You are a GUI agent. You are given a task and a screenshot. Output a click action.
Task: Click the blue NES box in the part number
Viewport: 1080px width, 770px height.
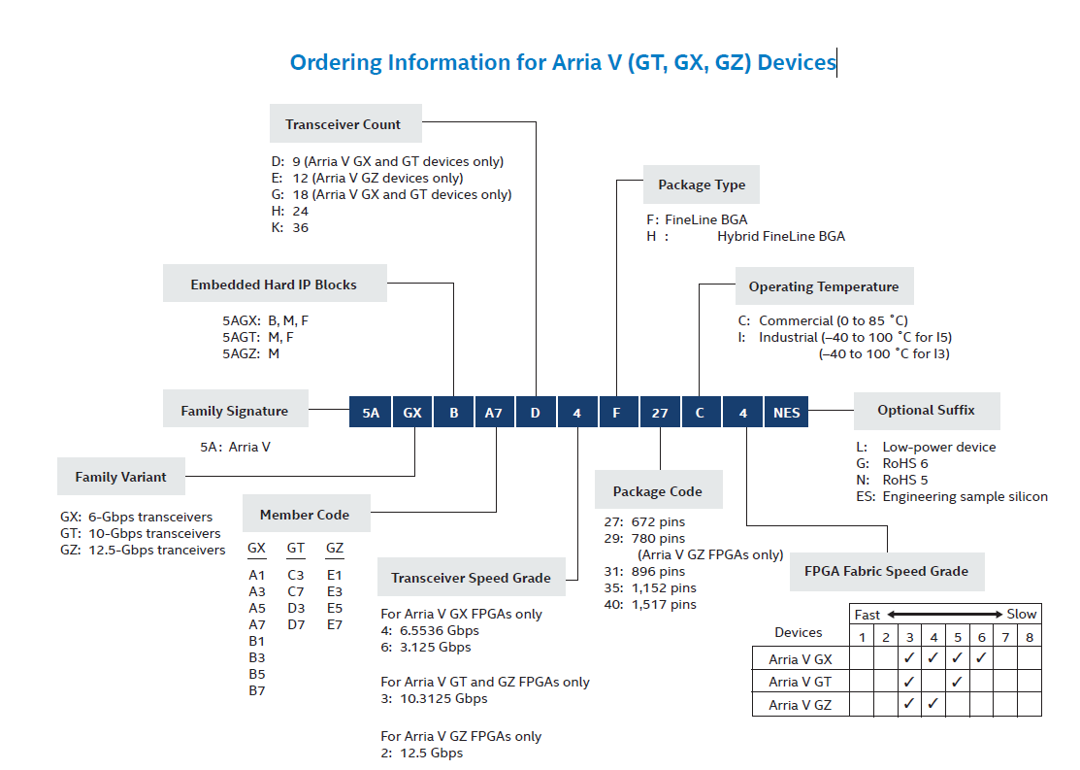pyautogui.click(x=786, y=413)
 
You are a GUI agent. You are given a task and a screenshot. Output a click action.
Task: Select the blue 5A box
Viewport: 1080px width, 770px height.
pyautogui.click(x=371, y=413)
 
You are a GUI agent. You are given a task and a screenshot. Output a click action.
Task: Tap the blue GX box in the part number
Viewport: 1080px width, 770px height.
pyautogui.click(x=412, y=413)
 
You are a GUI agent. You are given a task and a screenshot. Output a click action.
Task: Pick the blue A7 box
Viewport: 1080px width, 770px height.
pyautogui.click(x=494, y=413)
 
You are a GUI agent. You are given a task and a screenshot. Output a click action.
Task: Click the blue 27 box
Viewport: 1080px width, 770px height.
pyautogui.click(x=660, y=413)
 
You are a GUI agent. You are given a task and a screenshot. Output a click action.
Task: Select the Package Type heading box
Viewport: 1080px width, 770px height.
pyautogui.click(x=701, y=184)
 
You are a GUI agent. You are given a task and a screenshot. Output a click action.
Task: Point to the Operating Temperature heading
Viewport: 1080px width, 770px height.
pyautogui.click(x=823, y=286)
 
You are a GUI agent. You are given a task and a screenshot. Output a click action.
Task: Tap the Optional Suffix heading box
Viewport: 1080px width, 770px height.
pyautogui.click(x=926, y=411)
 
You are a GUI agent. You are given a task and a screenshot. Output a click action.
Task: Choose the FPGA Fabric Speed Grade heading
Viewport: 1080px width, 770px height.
pyautogui.click(x=886, y=571)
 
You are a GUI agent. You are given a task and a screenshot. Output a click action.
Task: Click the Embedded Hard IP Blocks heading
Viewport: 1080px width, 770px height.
pyautogui.click(x=274, y=285)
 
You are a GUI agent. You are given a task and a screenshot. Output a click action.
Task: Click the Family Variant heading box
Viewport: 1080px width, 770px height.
pyautogui.click(x=120, y=477)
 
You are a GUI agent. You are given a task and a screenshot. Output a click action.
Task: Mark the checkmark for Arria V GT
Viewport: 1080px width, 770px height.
pyautogui.click(x=957, y=682)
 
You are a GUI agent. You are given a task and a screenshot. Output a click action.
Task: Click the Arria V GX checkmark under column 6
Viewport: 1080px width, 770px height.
pyautogui.click(x=981, y=658)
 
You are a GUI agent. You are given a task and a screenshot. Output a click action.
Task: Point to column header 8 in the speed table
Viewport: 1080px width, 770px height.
pyautogui.click(x=1029, y=637)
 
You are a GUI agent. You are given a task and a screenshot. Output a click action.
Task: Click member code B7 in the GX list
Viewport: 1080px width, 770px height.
pyautogui.click(x=257, y=690)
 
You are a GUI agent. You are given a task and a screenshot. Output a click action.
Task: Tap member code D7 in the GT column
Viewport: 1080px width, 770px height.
pyautogui.click(x=296, y=624)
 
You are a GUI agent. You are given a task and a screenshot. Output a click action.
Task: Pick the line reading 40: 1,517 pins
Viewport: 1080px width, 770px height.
pyautogui.click(x=650, y=604)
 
